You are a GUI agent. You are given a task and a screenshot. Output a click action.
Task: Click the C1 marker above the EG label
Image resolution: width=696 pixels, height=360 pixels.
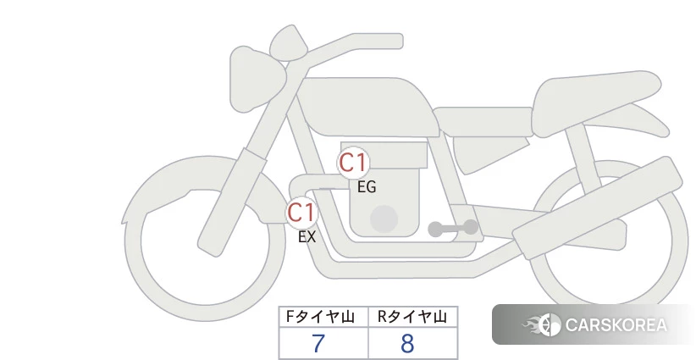coord(353,163)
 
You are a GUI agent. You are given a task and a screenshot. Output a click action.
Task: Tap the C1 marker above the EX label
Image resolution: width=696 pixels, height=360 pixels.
coord(301,212)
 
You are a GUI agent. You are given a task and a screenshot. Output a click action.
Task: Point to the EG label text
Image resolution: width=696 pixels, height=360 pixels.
coord(367,187)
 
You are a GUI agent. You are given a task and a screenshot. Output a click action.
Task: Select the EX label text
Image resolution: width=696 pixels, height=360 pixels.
coord(307,236)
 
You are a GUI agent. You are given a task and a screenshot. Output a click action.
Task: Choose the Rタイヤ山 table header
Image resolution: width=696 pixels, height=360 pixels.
coord(413,317)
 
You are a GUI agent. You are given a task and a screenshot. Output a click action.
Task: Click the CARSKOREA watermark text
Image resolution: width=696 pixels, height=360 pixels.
coord(616,325)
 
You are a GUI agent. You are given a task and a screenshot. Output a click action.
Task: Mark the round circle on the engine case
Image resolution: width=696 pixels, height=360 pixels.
coord(384,219)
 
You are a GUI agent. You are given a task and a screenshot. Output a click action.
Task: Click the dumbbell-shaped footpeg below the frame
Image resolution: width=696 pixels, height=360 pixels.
coord(453,228)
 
